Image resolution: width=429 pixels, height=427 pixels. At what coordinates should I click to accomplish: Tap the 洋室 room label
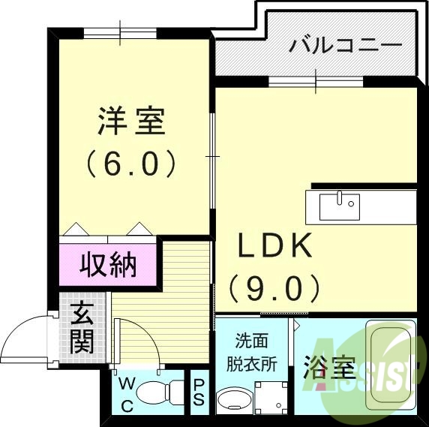tap(131, 122)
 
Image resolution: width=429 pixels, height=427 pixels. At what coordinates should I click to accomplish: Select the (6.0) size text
tap(131, 163)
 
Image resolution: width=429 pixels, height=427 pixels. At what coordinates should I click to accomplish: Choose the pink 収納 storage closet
tap(109, 264)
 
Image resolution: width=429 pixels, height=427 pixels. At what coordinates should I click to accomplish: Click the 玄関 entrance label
tap(81, 328)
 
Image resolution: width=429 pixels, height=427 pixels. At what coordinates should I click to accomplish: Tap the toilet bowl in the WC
tap(160, 391)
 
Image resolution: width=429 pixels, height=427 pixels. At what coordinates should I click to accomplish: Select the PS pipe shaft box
tap(199, 392)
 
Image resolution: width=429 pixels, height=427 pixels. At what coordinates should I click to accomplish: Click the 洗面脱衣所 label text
tap(252, 351)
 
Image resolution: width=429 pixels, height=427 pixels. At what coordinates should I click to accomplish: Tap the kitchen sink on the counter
tap(339, 205)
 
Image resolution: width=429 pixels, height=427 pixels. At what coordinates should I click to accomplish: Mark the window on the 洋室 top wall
tap(120, 33)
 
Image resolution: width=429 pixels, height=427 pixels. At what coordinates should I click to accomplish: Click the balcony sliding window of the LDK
tap(316, 81)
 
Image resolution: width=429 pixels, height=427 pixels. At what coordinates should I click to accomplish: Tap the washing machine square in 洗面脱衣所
tap(271, 395)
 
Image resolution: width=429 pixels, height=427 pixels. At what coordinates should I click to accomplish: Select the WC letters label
tap(127, 395)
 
